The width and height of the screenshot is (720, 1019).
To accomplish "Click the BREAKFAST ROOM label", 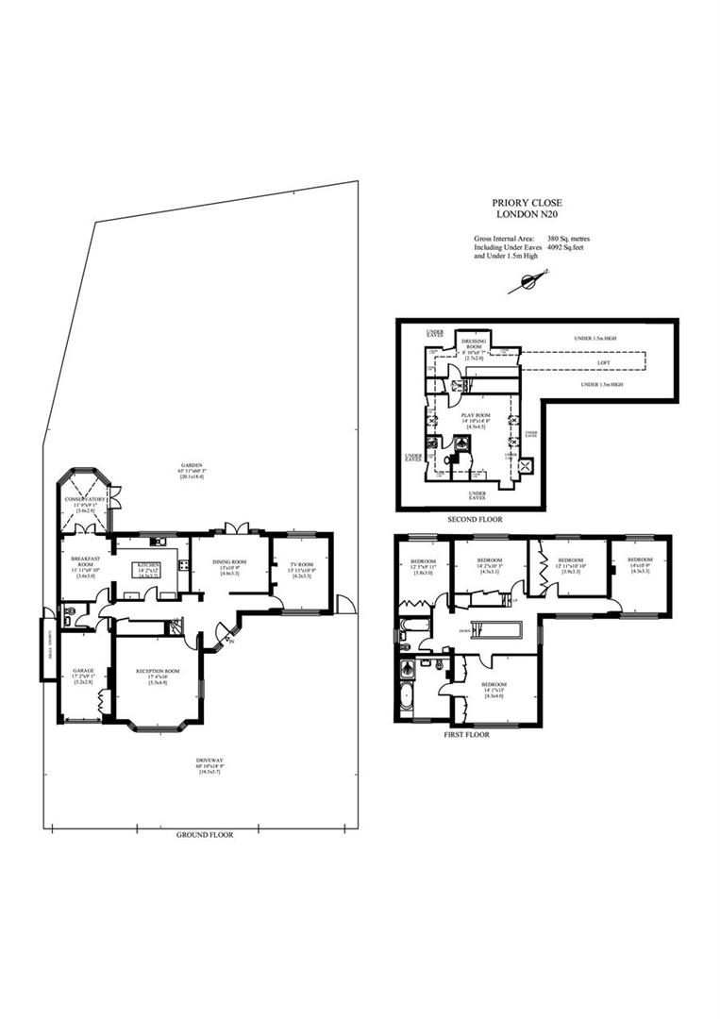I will (x=85, y=562).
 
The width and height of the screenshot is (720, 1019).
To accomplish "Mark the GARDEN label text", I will (x=192, y=465).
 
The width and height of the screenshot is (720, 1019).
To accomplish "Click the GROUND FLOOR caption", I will (x=205, y=835).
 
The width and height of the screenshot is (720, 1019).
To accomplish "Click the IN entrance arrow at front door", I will (x=228, y=643).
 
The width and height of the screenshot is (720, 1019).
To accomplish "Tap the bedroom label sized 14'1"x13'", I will (x=494, y=685).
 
